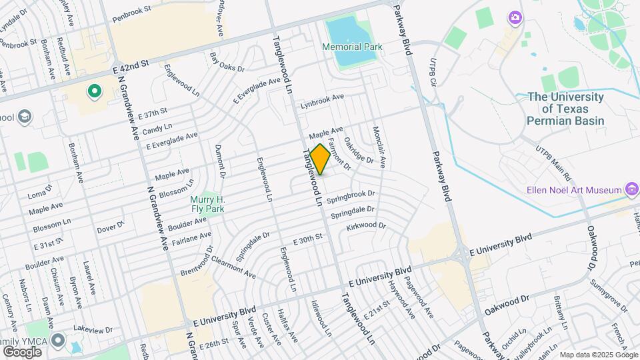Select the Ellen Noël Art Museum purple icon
click(x=630, y=190)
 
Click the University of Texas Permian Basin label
click(x=565, y=109)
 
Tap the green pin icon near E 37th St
click(x=94, y=91)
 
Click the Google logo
click(x=22, y=351)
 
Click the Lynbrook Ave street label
click(x=322, y=100)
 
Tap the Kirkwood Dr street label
click(x=366, y=227)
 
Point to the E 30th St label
click(x=307, y=238)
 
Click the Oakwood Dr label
click(x=507, y=306)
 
